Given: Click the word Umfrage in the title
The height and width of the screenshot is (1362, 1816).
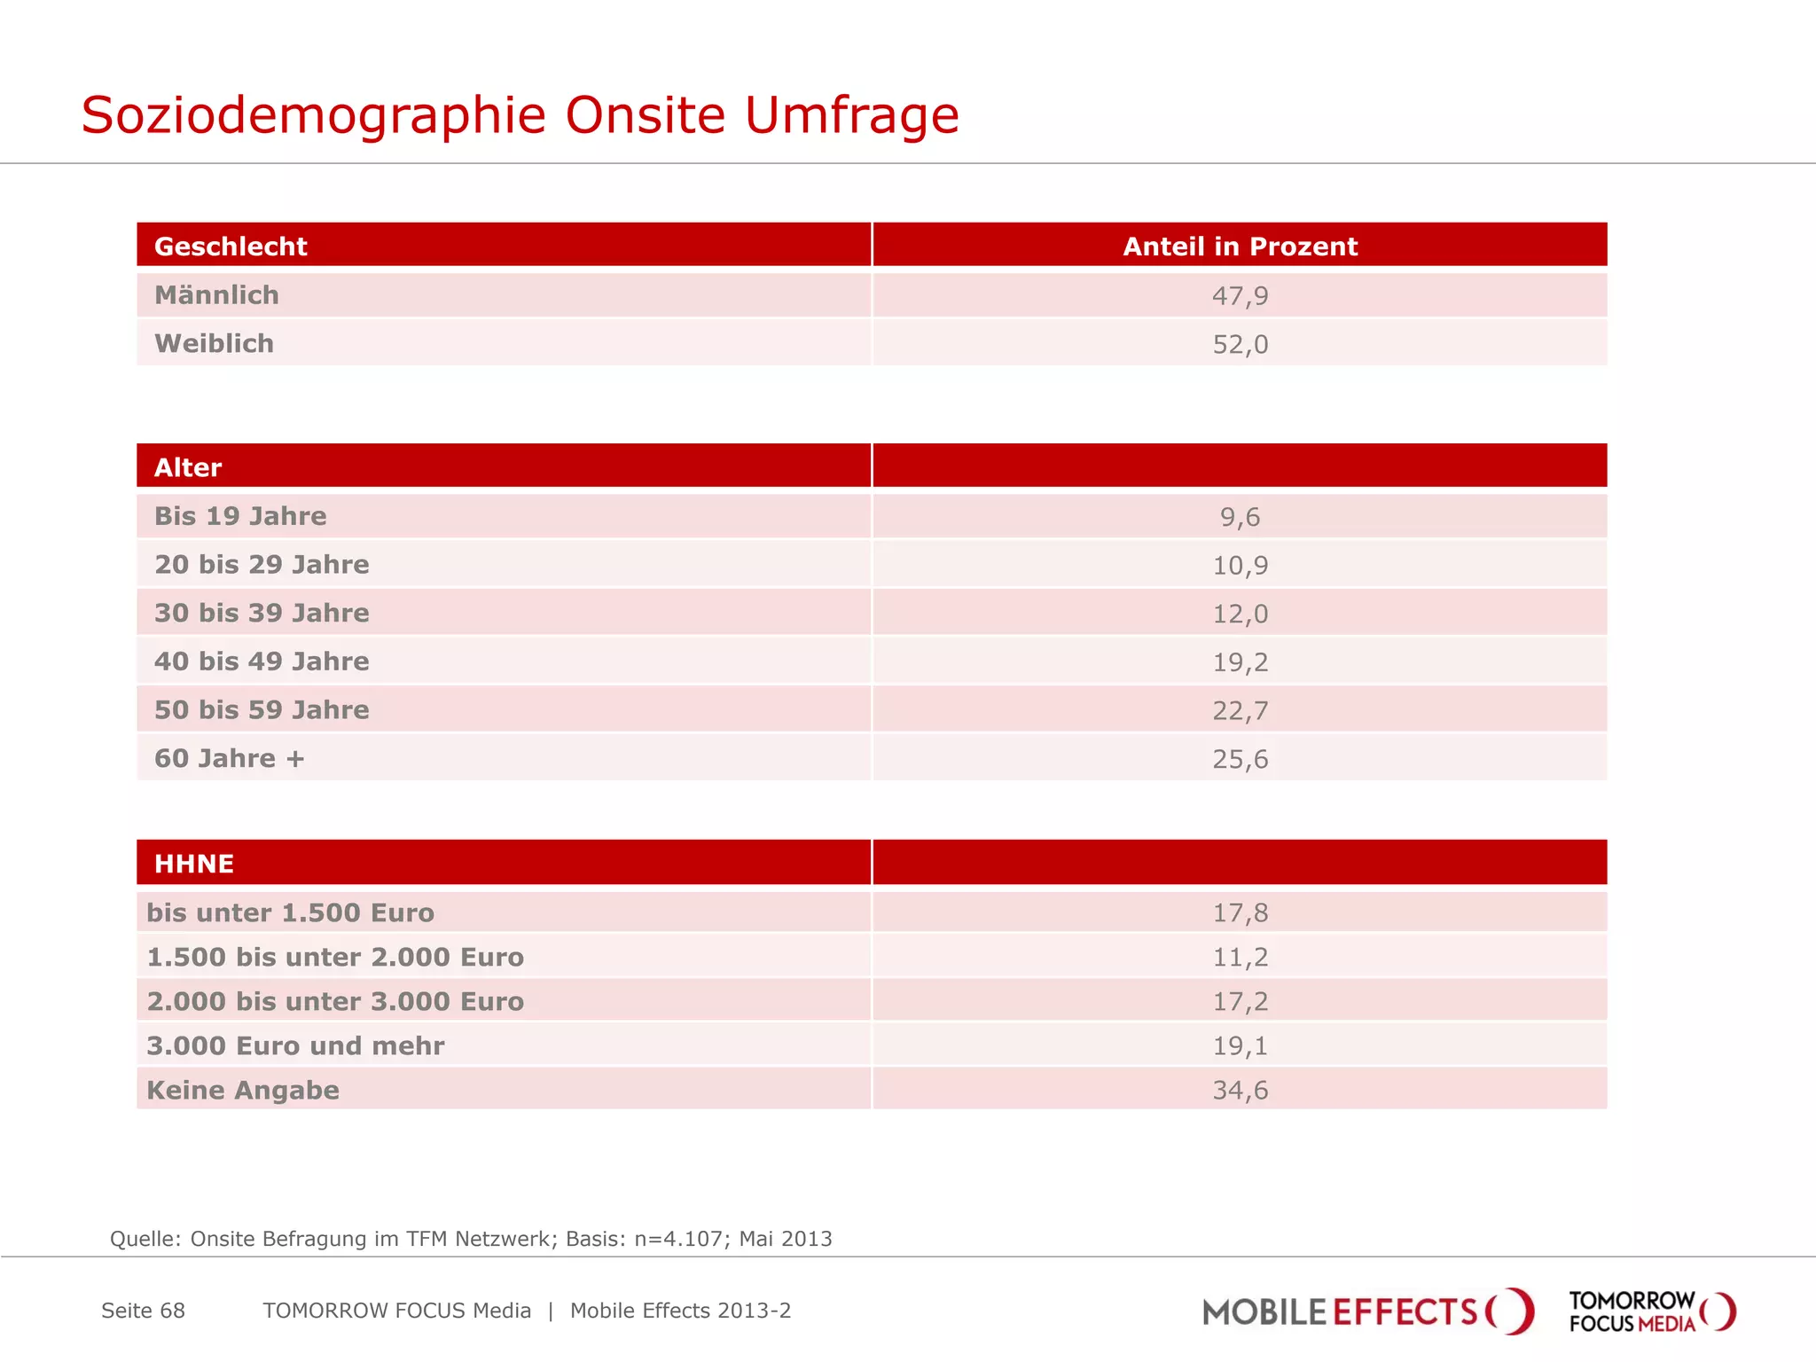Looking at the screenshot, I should tap(851, 115).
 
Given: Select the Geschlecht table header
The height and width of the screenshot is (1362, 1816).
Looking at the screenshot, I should tap(231, 246).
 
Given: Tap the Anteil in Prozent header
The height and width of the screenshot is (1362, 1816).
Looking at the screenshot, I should tap(1240, 246).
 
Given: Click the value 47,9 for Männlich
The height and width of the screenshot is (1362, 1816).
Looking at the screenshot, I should tap(1240, 295).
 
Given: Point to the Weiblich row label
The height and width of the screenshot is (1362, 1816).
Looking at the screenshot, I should tap(214, 343).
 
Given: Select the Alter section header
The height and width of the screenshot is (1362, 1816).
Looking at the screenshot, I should tap(188, 467).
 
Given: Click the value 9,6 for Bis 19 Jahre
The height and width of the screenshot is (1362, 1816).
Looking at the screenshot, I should tap(1240, 517).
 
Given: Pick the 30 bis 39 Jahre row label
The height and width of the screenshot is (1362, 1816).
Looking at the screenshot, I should tap(262, 613).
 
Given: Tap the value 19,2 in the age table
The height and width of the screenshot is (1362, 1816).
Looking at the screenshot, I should tap(1240, 662).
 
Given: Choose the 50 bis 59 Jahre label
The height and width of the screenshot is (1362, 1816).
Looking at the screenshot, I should tap(262, 710).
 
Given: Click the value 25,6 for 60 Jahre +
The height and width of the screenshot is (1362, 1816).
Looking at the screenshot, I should tap(1240, 759).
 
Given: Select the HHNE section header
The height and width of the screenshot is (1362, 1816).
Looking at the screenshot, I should tap(194, 864).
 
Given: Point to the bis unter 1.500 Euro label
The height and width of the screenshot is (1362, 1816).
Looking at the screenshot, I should tap(290, 912).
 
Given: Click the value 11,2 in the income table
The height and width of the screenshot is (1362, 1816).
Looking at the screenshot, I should tap(1240, 957).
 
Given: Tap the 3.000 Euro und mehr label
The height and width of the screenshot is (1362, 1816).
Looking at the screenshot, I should tap(295, 1045).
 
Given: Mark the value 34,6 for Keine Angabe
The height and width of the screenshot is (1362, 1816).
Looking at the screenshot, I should tap(1240, 1090).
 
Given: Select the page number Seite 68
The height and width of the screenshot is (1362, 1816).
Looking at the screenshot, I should tap(143, 1311).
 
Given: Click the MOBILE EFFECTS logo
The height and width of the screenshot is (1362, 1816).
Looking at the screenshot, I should tap(1366, 1311).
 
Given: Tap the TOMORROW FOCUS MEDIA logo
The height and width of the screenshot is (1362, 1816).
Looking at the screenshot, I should tap(1650, 1311).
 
